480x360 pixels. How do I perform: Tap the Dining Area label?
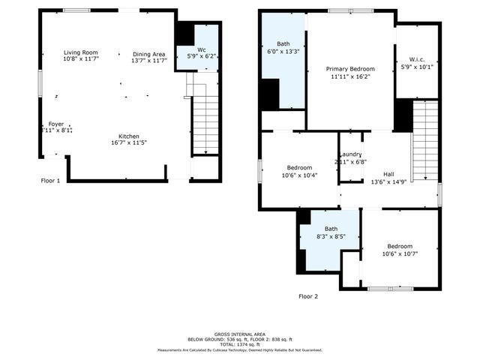(149, 54)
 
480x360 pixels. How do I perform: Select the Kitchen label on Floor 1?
(128, 136)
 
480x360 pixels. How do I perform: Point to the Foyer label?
(56, 124)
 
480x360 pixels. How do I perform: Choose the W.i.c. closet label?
(418, 60)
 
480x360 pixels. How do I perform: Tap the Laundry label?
(351, 155)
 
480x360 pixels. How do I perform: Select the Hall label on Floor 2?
(388, 173)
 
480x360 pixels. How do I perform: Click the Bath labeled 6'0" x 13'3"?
(283, 44)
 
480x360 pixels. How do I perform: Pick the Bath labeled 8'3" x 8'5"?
(331, 229)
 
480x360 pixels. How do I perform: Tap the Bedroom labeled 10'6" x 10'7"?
(399, 246)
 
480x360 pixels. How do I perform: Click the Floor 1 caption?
(50, 181)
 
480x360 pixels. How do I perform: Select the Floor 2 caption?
(308, 296)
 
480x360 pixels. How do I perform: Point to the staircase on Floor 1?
(205, 124)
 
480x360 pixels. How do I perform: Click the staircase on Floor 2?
(425, 142)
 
